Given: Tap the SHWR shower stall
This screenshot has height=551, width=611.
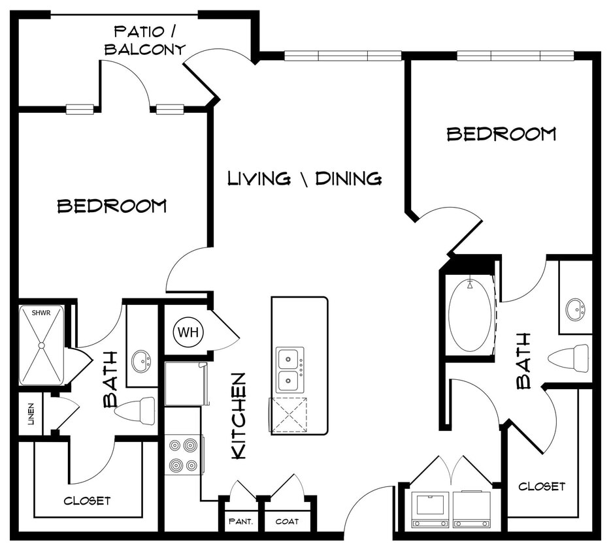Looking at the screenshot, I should point(41,345).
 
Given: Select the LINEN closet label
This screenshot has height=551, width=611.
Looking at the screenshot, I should point(31,414).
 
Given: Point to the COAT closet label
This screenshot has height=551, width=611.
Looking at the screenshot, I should point(287,521).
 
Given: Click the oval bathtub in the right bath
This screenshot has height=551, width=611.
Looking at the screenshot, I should point(469,315).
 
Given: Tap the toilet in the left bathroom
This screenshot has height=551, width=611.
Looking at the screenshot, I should point(135,411).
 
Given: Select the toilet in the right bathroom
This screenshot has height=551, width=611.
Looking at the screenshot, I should point(569,358).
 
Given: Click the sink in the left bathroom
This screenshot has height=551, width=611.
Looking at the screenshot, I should point(141,360).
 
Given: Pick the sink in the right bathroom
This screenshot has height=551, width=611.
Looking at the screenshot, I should point(576,309).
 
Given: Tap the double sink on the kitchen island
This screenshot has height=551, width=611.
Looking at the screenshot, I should point(289,370).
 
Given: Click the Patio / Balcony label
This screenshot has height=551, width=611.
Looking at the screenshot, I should point(145,40).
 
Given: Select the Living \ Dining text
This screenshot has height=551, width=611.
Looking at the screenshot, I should point(305,178).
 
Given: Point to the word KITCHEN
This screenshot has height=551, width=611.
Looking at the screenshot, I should point(239,415).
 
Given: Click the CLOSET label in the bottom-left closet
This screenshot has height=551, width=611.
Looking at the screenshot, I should point(87,501).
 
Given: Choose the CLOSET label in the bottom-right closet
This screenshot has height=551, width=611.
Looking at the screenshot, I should point(542,486).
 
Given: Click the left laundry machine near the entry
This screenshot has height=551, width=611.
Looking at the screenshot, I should point(429,509).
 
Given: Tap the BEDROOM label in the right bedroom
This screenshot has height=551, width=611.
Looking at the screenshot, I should point(501,134).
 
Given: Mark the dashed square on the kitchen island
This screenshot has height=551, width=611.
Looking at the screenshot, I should point(289,414).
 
